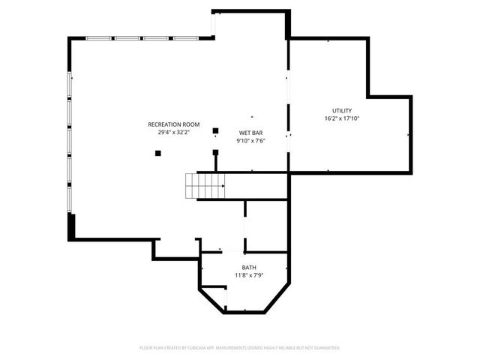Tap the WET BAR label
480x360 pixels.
(250, 132)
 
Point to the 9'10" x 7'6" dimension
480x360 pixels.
(250, 140)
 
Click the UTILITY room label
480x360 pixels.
(342, 110)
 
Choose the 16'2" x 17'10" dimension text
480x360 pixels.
(342, 118)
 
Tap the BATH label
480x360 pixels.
(247, 268)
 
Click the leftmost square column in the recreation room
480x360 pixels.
(158, 153)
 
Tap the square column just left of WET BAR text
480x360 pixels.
(215, 130)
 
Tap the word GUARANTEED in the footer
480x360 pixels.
(328, 348)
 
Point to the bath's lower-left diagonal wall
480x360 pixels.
(212, 299)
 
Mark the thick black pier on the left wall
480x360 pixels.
(72, 226)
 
